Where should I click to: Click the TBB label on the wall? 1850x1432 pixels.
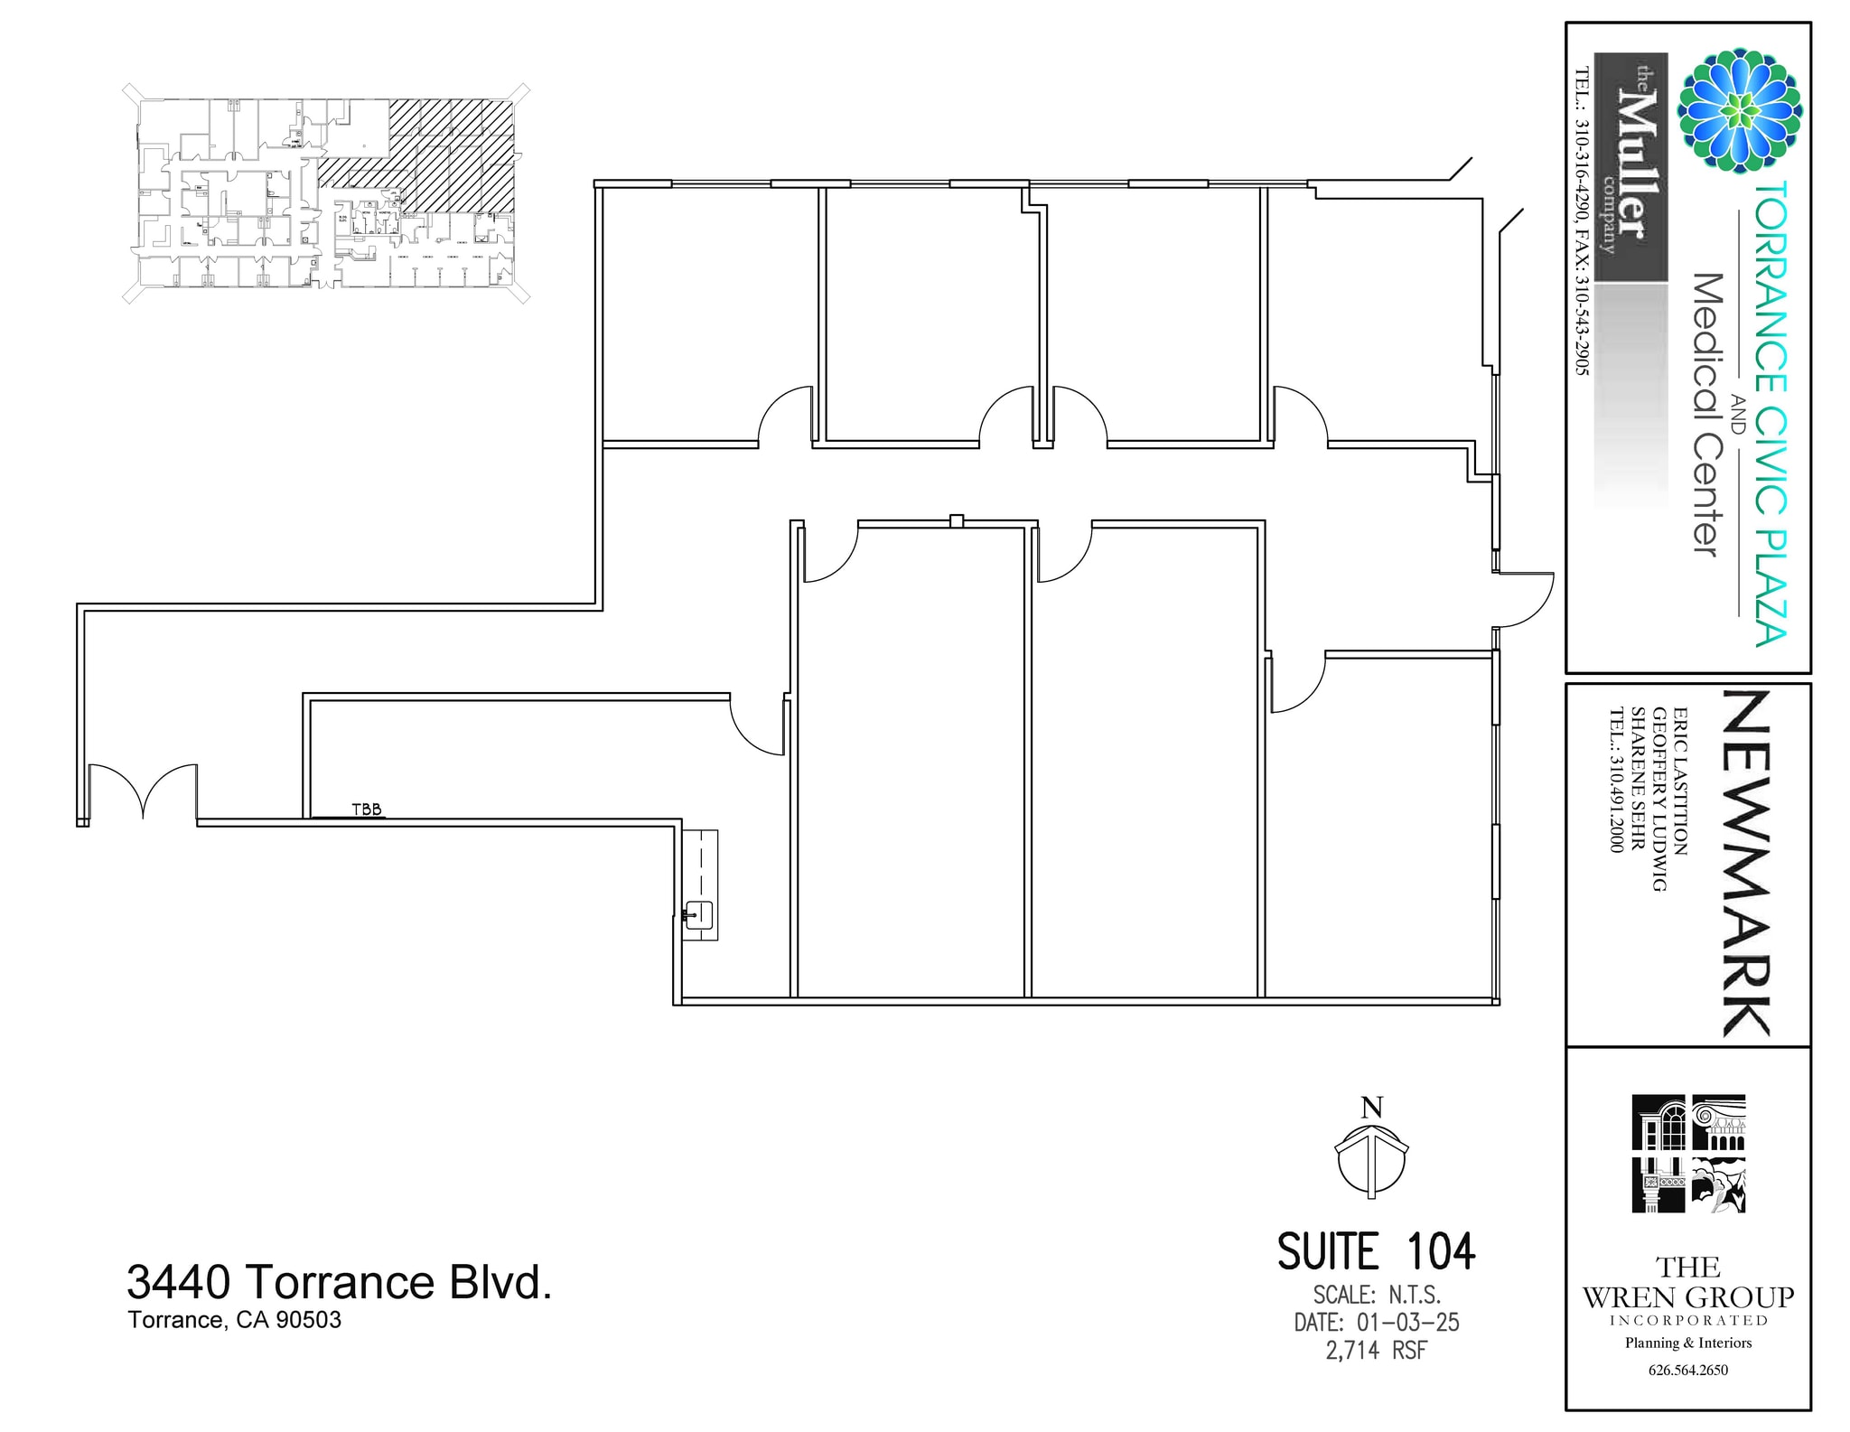[x=367, y=810]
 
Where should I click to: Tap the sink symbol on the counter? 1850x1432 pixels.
[x=698, y=915]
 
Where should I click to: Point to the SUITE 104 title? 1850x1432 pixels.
[x=1375, y=1252]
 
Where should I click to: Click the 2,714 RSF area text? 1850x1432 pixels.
[x=1376, y=1351]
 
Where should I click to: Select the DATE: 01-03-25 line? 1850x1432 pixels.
[x=1376, y=1323]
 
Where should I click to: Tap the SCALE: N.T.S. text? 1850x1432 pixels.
[x=1376, y=1295]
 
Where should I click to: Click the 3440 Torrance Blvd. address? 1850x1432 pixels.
[x=339, y=1282]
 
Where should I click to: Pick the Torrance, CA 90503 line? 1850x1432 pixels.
[x=235, y=1320]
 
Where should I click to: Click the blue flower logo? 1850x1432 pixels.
[x=1739, y=110]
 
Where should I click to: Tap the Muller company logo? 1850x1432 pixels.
[x=1630, y=167]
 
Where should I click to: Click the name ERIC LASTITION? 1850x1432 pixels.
[x=1680, y=781]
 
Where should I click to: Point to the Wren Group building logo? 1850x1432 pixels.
[x=1687, y=1154]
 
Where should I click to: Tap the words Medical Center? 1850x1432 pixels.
[x=1705, y=416]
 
